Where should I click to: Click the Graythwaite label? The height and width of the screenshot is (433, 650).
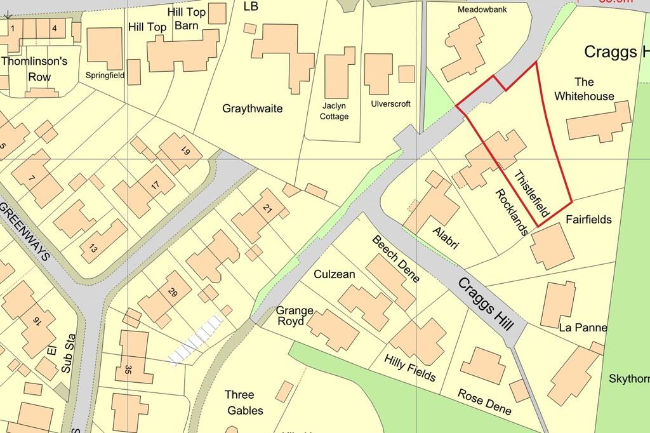(x=253, y=109)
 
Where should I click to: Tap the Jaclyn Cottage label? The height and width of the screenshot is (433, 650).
(x=334, y=112)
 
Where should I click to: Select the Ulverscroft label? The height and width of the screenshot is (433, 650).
(x=391, y=103)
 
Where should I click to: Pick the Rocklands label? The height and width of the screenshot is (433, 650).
(x=512, y=212)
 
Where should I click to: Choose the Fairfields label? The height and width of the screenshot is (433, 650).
(x=588, y=220)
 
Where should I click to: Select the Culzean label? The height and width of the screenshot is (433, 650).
(x=335, y=274)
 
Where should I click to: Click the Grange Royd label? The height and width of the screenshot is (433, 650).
(x=295, y=316)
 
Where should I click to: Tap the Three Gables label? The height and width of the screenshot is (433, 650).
(x=244, y=403)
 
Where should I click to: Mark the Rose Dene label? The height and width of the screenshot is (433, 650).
(x=484, y=401)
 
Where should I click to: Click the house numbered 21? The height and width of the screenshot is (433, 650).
(x=267, y=208)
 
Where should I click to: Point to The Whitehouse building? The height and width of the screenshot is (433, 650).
(x=599, y=121)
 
